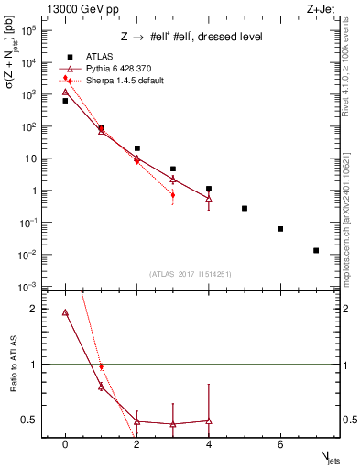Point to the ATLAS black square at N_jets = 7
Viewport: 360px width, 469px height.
point(316,250)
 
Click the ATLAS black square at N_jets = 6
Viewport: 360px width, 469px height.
point(280,229)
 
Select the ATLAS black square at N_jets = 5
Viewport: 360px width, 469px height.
point(245,209)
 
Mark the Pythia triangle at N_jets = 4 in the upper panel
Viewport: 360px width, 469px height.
point(209,198)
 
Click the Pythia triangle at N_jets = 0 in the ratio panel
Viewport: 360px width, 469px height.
point(65,312)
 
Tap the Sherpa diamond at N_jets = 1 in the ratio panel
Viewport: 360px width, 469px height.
point(101,366)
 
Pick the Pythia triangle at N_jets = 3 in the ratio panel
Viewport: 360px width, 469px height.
point(172,424)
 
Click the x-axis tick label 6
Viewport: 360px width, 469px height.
point(280,444)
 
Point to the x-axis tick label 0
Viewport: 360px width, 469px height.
point(65,444)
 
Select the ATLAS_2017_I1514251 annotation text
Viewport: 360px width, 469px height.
point(191,274)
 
